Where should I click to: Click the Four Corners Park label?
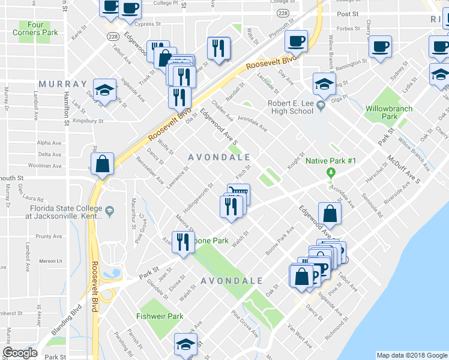pos(38,29)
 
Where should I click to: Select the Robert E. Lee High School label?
pos(282,107)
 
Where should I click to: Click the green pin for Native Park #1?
pos(330,173)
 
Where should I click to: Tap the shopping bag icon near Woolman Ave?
pos(102,163)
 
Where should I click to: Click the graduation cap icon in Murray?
pos(105,91)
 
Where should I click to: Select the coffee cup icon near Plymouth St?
pos(296,41)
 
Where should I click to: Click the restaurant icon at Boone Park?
pos(182,241)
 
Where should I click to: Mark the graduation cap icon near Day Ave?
pos(324,84)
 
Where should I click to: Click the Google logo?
pos(20,353)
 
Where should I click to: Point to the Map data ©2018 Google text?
pos(411,355)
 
